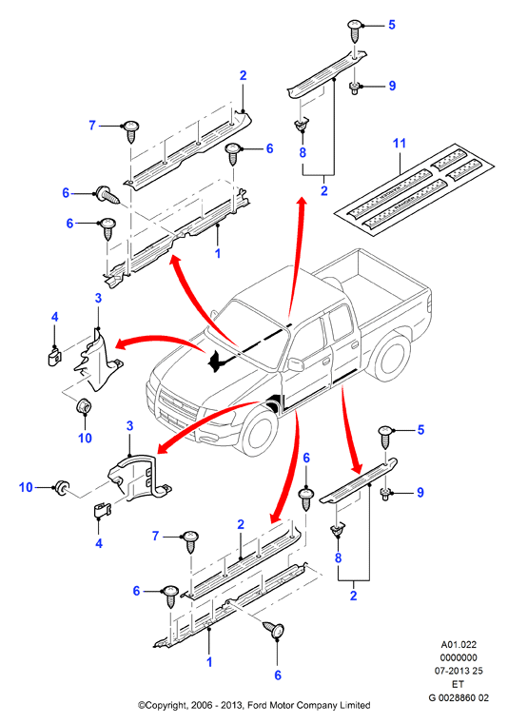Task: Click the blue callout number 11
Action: (399, 143)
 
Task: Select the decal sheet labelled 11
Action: (414, 189)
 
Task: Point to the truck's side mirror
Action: (295, 363)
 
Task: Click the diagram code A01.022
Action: (459, 645)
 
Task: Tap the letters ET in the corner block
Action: (459, 684)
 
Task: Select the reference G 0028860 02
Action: (459, 697)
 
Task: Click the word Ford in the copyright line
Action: (257, 706)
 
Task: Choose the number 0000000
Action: (459, 657)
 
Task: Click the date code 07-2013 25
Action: (459, 671)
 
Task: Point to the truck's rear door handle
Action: (355, 344)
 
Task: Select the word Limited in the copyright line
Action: (356, 706)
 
